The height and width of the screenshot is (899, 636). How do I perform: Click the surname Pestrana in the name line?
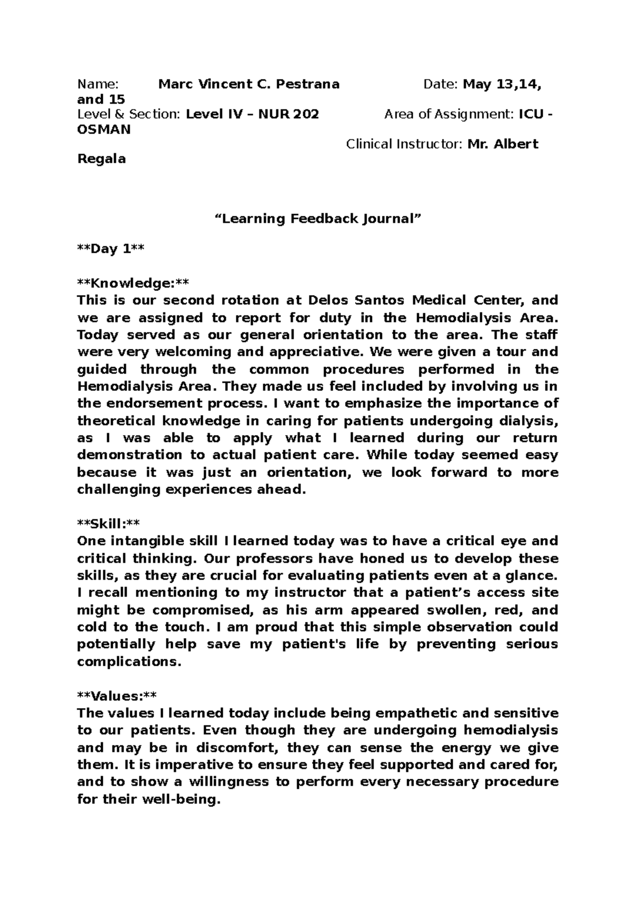coord(308,84)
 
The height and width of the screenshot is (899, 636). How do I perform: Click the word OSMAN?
coord(104,129)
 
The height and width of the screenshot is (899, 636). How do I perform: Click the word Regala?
coord(101,159)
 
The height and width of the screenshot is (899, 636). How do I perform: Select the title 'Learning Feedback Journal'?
coord(317,219)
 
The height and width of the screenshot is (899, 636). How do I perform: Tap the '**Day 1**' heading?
coord(110,249)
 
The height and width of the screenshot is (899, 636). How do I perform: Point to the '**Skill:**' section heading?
coord(108,524)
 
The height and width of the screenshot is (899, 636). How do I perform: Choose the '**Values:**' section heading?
coord(117,696)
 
